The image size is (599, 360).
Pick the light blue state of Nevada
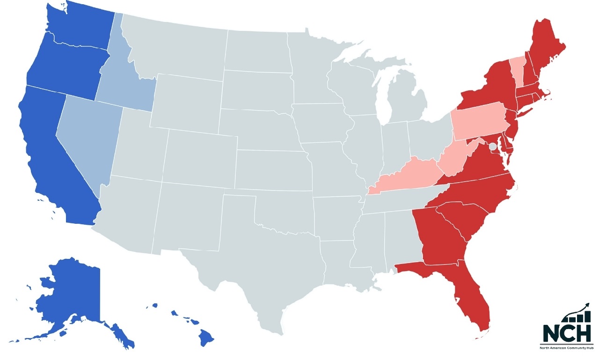[87, 136]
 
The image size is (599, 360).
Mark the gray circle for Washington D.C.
[493, 147]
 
